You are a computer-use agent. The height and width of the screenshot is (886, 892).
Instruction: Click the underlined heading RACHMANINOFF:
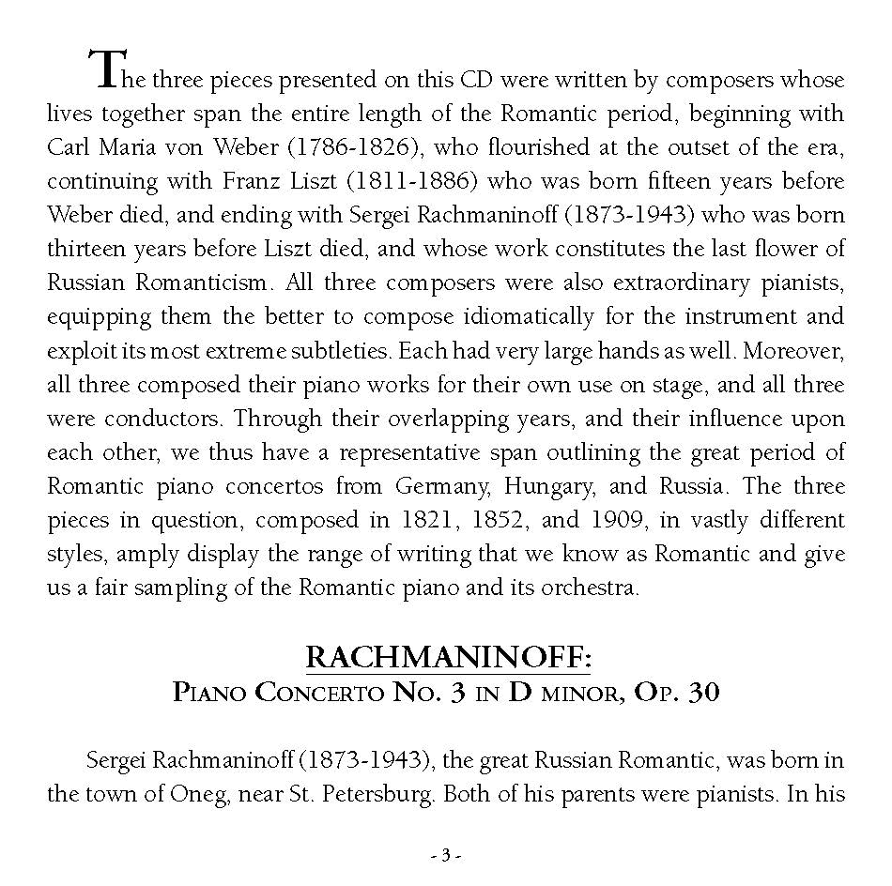[x=449, y=658]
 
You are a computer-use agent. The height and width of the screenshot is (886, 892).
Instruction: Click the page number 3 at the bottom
[x=446, y=855]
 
